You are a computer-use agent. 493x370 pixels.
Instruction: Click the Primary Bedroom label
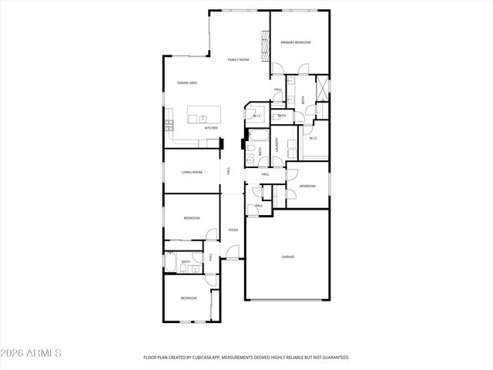(x=295, y=42)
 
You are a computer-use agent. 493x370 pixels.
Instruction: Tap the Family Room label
(x=238, y=59)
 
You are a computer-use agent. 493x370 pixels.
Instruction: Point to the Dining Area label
(x=187, y=82)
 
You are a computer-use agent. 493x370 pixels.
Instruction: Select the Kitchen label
(x=211, y=128)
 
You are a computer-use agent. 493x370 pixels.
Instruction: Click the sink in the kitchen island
(x=203, y=119)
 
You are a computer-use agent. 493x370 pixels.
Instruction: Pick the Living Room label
(x=192, y=172)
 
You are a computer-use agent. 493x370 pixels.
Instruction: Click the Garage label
(x=287, y=257)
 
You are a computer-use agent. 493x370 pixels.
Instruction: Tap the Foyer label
(x=233, y=230)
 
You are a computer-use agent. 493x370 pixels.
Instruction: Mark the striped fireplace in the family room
(x=265, y=45)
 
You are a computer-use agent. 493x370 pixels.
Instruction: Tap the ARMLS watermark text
(x=32, y=353)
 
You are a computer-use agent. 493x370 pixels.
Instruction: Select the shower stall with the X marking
(x=322, y=86)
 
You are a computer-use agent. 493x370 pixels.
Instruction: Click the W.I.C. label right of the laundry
(x=314, y=139)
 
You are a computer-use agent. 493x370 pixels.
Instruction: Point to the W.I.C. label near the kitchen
(x=257, y=116)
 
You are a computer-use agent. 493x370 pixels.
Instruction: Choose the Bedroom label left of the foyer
(x=192, y=219)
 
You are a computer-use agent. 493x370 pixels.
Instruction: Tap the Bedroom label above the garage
(x=307, y=186)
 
